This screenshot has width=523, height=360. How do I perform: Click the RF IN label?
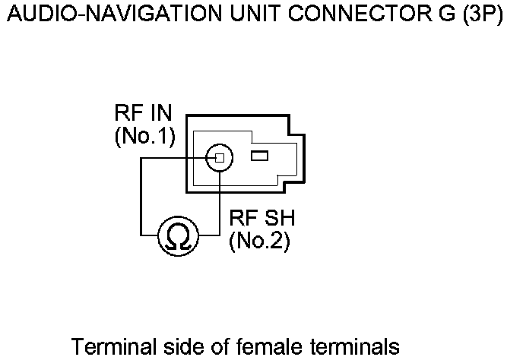pyautogui.click(x=143, y=115)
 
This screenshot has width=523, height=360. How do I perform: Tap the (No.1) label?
pyautogui.click(x=144, y=137)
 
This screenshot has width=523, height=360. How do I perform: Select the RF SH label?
pyautogui.click(x=261, y=220)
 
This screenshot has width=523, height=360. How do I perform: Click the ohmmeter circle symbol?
pyautogui.click(x=179, y=238)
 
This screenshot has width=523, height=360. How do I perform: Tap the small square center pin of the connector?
pyautogui.click(x=219, y=157)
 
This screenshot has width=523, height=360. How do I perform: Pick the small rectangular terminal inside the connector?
pyautogui.click(x=259, y=156)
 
